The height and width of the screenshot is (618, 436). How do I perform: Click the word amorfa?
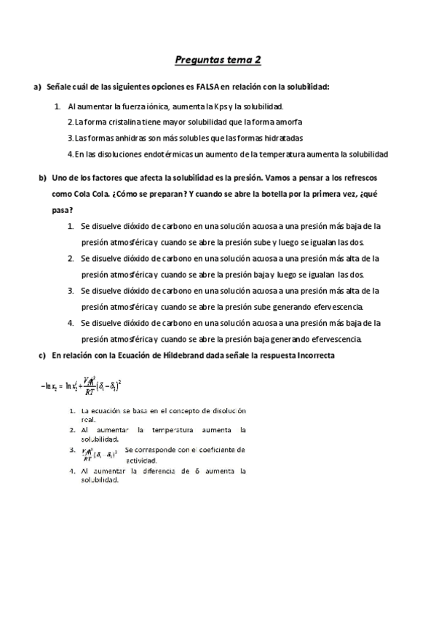(288, 122)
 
